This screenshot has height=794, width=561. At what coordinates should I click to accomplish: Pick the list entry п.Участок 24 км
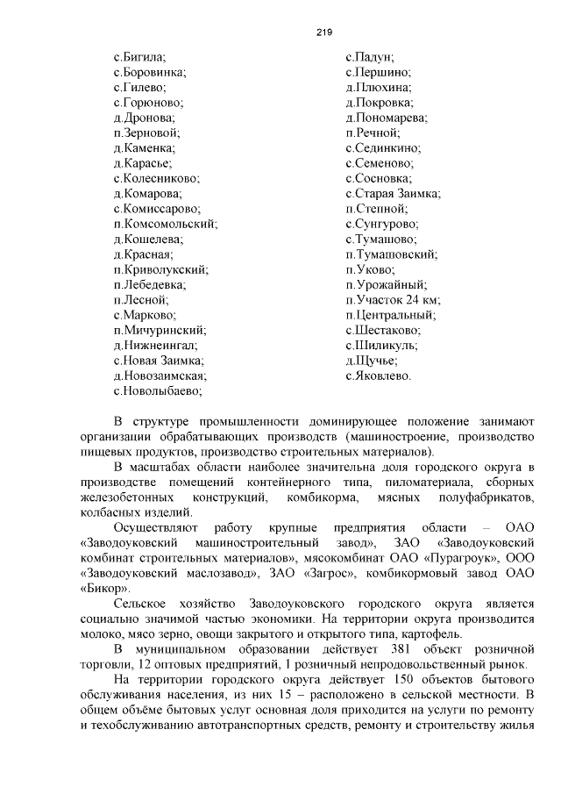(x=392, y=300)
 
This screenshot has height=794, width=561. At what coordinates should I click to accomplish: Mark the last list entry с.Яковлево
(x=378, y=376)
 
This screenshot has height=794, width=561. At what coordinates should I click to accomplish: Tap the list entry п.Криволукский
(x=160, y=269)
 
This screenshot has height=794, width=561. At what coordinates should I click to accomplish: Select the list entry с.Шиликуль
(x=381, y=346)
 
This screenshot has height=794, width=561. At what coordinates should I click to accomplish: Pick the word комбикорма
(x=320, y=497)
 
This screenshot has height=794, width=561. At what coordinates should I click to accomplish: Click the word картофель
(x=487, y=634)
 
